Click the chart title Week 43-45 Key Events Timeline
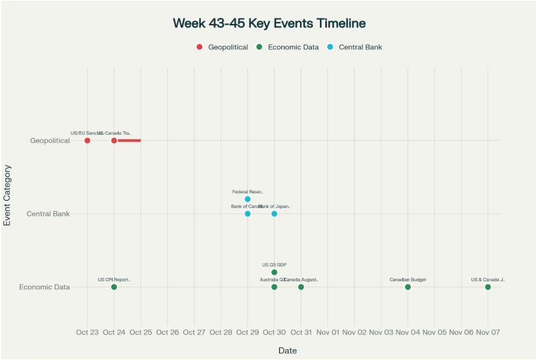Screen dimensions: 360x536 click(x=269, y=23)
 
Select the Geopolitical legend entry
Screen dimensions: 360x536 click(x=223, y=47)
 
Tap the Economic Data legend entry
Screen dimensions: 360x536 click(x=288, y=47)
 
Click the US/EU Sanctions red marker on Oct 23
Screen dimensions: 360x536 click(x=87, y=141)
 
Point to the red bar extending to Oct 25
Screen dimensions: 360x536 click(x=129, y=141)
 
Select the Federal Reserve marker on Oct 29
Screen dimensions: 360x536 click(x=247, y=199)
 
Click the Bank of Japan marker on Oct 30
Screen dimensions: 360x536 click(x=274, y=214)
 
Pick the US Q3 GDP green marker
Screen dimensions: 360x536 click(x=274, y=273)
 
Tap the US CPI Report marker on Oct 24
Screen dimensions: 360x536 click(x=114, y=287)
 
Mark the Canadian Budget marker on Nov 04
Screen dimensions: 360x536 click(x=408, y=287)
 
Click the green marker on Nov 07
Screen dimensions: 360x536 click(x=488, y=287)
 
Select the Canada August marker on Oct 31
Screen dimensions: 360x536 click(x=301, y=287)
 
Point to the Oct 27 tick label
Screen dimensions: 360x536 click(x=194, y=332)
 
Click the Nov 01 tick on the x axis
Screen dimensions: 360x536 click(x=328, y=332)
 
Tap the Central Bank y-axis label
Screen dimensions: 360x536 click(x=48, y=214)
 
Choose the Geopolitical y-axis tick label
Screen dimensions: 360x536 click(x=50, y=141)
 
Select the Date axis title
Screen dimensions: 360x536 click(x=287, y=351)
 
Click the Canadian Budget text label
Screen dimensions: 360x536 click(x=408, y=280)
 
